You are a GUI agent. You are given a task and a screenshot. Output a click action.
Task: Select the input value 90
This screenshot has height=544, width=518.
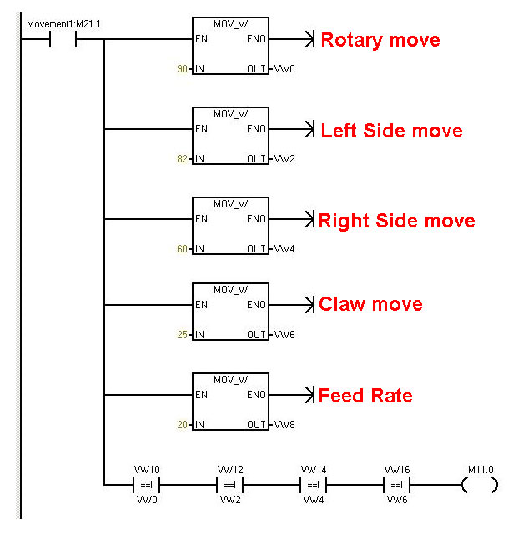[x=182, y=69]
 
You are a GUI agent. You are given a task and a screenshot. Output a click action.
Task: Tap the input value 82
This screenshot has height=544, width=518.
[x=182, y=159]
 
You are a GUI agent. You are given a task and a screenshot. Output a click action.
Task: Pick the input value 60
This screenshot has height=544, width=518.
[x=182, y=249]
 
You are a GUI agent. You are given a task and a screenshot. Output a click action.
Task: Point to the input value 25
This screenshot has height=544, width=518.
[x=182, y=335]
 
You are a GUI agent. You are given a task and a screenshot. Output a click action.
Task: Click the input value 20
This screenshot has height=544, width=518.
[x=182, y=425]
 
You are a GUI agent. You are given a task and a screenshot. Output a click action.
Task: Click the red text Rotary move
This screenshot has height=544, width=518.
[x=380, y=40]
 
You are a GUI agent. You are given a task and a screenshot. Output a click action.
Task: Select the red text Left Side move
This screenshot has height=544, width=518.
[x=391, y=131]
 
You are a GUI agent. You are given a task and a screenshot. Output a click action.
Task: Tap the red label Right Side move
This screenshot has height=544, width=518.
[x=396, y=221]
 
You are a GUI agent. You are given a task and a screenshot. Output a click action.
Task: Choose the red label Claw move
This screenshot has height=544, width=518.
[x=370, y=305]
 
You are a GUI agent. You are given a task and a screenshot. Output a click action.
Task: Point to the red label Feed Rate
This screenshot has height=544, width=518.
[x=365, y=396]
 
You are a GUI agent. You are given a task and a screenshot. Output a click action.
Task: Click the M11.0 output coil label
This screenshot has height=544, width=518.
[x=480, y=470]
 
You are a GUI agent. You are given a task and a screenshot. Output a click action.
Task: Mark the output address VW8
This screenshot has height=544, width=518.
[x=284, y=425]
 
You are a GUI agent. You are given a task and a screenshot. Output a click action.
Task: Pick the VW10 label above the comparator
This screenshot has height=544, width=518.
[x=146, y=470]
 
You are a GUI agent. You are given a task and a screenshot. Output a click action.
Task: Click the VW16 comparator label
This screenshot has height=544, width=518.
[x=396, y=470]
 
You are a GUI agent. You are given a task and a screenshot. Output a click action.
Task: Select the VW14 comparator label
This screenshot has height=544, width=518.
[x=313, y=470]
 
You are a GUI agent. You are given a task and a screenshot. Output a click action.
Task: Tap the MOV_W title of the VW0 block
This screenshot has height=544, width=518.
[x=230, y=23]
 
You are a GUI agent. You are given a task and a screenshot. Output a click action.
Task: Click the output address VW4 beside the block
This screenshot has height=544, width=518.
[x=284, y=249]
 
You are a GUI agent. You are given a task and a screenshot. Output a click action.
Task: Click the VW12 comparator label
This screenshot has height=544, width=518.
[x=229, y=470]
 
